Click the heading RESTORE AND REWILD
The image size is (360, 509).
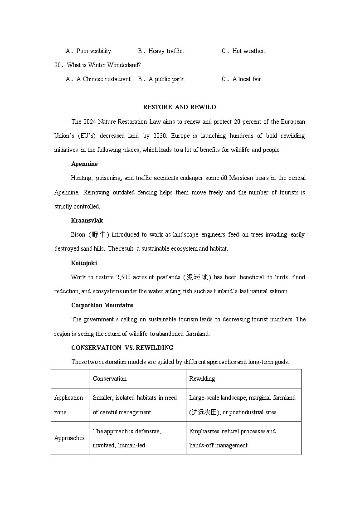(180, 107)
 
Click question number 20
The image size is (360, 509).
(58, 65)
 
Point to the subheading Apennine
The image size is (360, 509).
(84, 164)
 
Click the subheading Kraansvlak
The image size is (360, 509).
(87, 221)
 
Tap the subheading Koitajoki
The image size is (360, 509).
(84, 263)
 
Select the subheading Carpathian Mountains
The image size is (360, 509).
(102, 305)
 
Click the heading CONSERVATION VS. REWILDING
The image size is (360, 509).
(122, 348)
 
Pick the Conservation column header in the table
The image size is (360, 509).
(110, 379)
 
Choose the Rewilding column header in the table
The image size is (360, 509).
(202, 379)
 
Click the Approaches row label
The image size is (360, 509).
(69, 438)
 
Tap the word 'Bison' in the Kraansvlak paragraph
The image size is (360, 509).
(78, 235)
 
